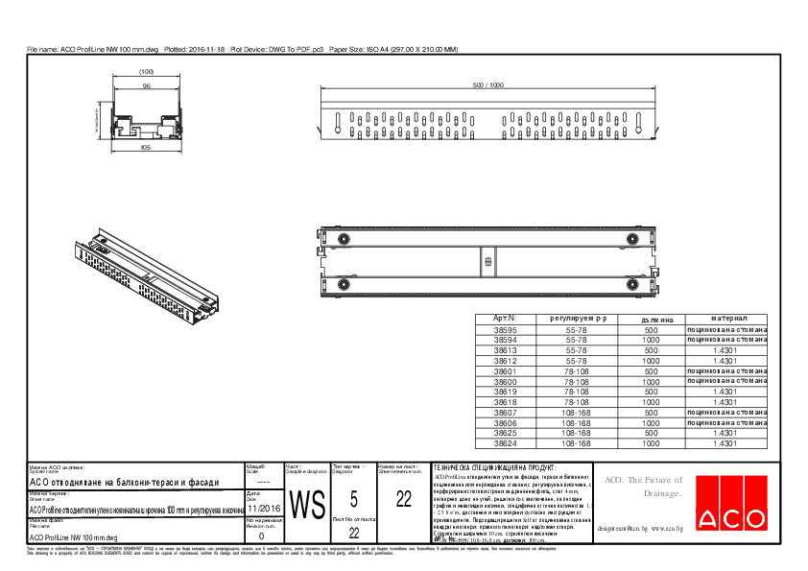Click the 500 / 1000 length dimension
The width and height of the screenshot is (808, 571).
[487, 85]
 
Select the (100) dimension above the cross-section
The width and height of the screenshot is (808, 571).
[147, 72]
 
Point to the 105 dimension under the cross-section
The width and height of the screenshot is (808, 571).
[146, 149]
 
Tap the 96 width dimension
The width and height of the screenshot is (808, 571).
[147, 86]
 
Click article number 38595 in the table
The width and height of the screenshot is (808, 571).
[505, 329]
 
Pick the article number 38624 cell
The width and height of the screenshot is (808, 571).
[505, 444]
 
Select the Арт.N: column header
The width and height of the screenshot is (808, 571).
[505, 318]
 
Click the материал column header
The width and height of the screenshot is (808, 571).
[728, 318]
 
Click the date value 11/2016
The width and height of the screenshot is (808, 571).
[264, 508]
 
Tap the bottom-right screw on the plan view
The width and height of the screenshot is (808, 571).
[631, 284]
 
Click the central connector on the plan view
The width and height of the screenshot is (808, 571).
[487, 261]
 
